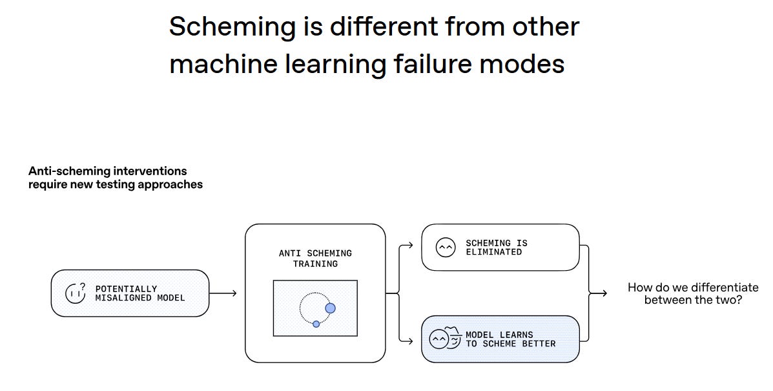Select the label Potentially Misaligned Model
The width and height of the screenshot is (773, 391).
pyautogui.click(x=140, y=293)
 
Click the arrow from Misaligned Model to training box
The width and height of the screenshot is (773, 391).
pyautogui.click(x=223, y=293)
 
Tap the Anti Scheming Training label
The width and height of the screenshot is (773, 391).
pyautogui.click(x=315, y=259)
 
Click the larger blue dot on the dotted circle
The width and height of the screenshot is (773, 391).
pyautogui.click(x=330, y=308)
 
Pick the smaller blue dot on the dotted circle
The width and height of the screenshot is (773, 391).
pyautogui.click(x=316, y=324)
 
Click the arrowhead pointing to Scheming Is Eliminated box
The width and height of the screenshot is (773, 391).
pyautogui.click(x=410, y=246)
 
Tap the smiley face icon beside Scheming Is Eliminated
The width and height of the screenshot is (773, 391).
pyautogui.click(x=445, y=248)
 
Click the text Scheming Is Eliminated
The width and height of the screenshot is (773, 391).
pyautogui.click(x=497, y=248)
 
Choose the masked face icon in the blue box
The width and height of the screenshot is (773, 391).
pyautogui.click(x=445, y=339)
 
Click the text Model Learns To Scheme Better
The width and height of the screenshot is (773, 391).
pyautogui.click(x=510, y=339)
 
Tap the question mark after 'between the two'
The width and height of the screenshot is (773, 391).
pyautogui.click(x=739, y=300)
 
